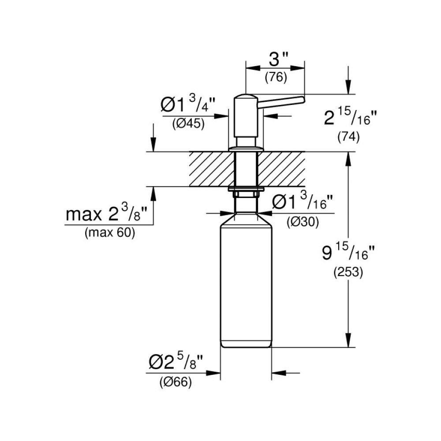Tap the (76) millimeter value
(276, 78)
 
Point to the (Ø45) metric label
(188, 124)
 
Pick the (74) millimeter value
(348, 137)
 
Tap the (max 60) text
(109, 233)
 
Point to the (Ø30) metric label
(303, 222)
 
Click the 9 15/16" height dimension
(349, 253)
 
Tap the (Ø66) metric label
(176, 383)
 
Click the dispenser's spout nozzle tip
(302, 99)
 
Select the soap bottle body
(246, 282)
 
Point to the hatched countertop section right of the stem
(282, 169)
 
